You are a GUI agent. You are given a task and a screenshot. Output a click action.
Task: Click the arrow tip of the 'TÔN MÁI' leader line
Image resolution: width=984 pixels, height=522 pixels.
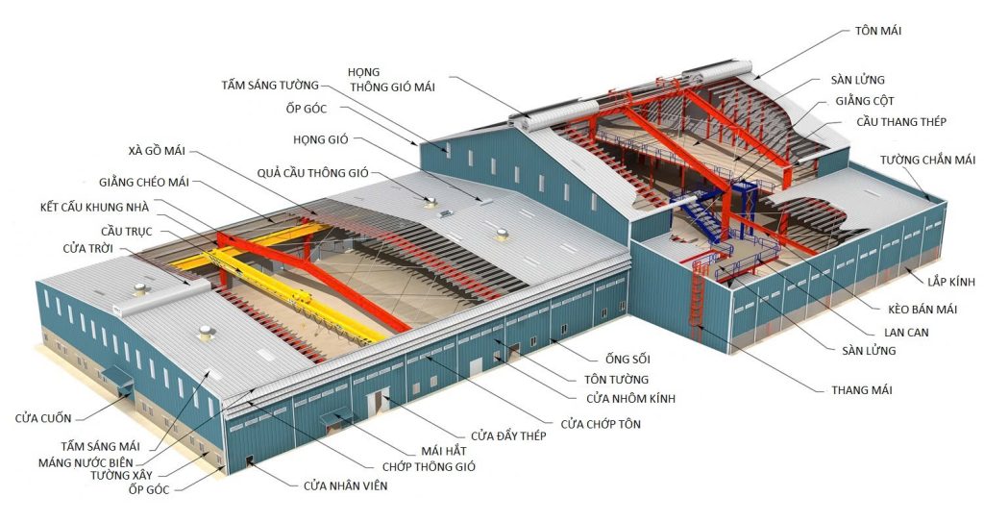754,78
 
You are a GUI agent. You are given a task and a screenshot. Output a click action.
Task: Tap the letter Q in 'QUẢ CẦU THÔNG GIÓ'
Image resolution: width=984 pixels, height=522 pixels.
261,173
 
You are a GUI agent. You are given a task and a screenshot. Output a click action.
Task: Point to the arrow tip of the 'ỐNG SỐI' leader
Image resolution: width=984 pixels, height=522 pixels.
551,340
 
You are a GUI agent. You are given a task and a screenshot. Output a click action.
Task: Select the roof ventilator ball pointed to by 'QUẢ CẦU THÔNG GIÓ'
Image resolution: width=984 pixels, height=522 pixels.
430,200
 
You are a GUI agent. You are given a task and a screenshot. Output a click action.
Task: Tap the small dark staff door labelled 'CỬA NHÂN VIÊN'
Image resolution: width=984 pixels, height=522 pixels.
249,460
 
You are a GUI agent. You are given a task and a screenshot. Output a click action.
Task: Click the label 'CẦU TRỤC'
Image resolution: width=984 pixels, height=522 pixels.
126,231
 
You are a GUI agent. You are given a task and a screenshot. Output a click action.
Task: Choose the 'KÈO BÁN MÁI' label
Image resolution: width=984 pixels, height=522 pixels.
922,309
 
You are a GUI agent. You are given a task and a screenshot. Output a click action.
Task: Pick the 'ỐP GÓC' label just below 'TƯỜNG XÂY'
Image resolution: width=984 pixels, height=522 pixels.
149,489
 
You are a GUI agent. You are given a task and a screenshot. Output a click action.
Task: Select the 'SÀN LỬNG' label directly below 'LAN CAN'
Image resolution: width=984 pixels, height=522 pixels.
869,351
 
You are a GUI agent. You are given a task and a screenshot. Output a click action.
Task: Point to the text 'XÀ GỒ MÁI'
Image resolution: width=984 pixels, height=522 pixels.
152,151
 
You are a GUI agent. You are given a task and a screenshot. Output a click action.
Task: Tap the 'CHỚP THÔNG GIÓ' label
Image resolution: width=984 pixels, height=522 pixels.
429,466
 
